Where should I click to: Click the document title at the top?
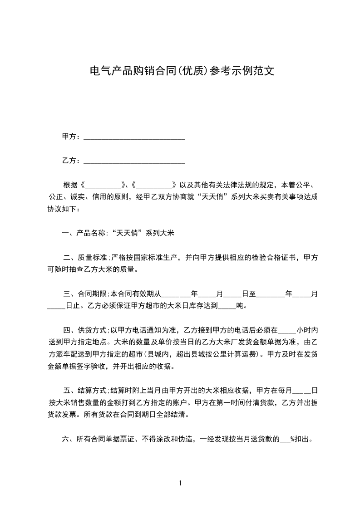click(x=182, y=71)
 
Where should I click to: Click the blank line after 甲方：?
click(x=134, y=137)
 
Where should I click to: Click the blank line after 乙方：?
click(x=134, y=161)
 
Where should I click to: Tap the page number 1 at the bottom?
click(x=180, y=483)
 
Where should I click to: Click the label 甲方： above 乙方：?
click(x=72, y=137)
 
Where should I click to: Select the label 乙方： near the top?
click(x=72, y=161)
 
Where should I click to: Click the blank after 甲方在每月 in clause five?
click(x=302, y=390)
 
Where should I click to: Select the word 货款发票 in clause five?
click(x=63, y=414)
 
